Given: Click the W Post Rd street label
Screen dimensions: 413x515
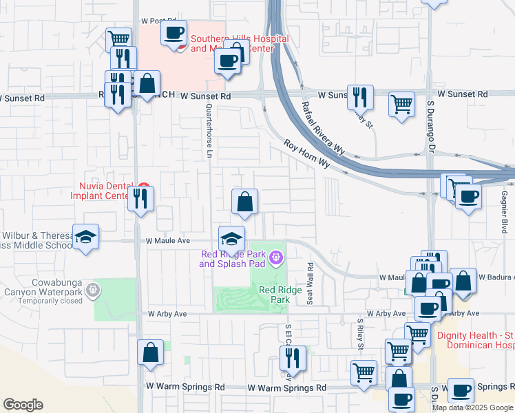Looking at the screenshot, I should pos(158,21).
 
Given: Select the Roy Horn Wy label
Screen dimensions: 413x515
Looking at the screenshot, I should pos(308,154).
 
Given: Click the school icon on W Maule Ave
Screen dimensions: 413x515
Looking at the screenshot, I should pos(232,238).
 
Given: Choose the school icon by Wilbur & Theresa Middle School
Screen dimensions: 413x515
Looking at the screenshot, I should pos(85,237).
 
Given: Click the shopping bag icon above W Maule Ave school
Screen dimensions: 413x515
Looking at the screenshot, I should pos(244,202).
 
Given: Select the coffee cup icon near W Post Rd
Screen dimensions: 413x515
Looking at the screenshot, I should pos(174,32).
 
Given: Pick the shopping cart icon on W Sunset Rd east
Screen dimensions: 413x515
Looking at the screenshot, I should pos(401,104).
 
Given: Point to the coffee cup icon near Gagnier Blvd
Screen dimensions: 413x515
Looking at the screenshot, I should pos(468,196).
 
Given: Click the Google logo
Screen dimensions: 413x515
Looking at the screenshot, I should pos(23,405).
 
